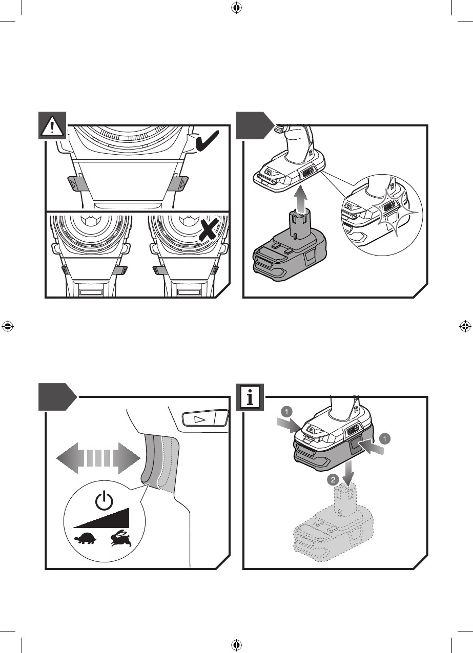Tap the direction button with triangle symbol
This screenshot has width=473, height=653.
200,419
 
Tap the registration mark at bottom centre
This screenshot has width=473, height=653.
236,644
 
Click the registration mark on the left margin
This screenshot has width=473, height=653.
7,326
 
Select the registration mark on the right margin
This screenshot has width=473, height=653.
465,326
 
